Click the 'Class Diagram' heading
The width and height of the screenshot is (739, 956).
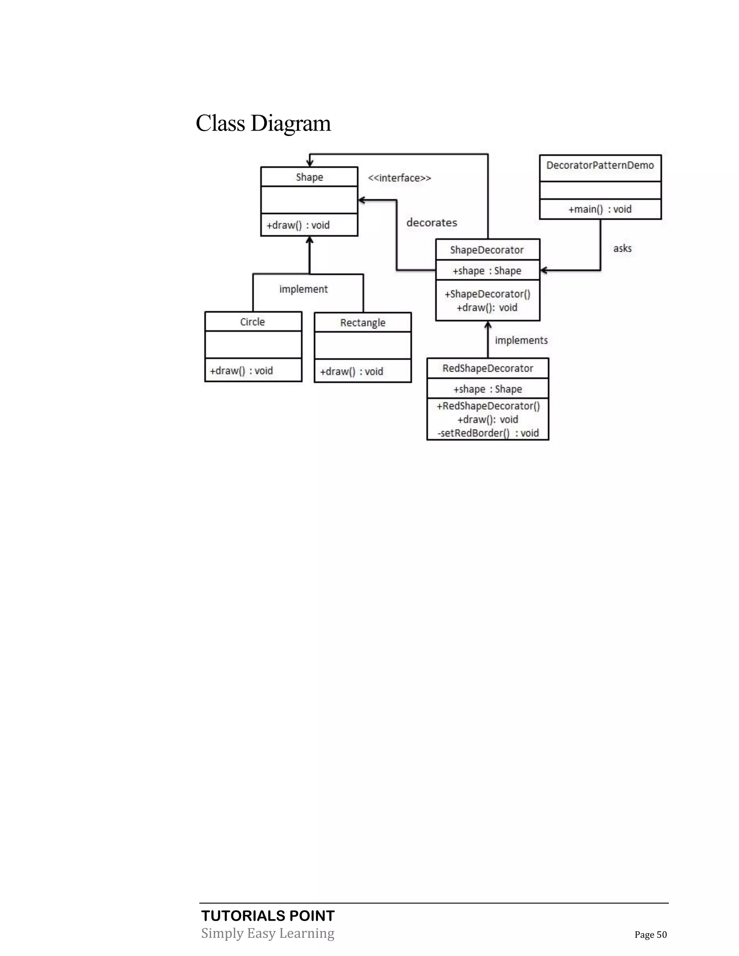[263, 123]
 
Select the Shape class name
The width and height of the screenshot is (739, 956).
[309, 177]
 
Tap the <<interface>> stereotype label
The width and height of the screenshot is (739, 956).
[399, 178]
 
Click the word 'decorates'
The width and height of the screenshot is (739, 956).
[432, 223]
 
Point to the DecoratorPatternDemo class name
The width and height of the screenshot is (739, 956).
[600, 166]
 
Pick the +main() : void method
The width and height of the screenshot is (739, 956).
[600, 209]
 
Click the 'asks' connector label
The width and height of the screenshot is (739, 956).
[622, 249]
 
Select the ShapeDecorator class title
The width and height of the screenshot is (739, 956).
[487, 250]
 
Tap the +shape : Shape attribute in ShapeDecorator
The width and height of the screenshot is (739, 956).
[487, 271]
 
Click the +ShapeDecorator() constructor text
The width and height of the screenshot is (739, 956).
[487, 294]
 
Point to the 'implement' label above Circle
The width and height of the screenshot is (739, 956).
[303, 289]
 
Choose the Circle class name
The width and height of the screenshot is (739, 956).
[253, 322]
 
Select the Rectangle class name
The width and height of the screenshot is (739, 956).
[363, 323]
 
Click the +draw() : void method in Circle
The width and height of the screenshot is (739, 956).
[241, 371]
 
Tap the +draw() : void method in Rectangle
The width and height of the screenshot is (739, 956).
[351, 372]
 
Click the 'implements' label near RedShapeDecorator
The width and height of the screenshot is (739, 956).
[521, 341]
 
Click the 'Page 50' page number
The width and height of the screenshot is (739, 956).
[651, 935]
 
